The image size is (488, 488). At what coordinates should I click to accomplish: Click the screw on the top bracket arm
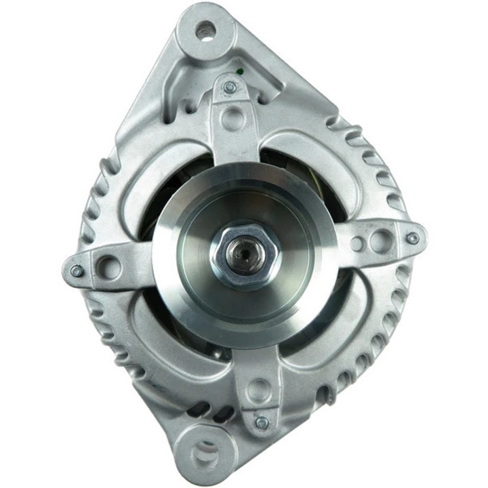pos(230,87)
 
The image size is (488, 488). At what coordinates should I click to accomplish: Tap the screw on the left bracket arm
pos(77,271)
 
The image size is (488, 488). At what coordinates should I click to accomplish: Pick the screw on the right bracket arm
pos(412,238)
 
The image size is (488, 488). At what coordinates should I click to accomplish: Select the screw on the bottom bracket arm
pos(261,423)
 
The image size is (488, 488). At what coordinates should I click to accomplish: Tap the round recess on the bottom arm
pos(258,391)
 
